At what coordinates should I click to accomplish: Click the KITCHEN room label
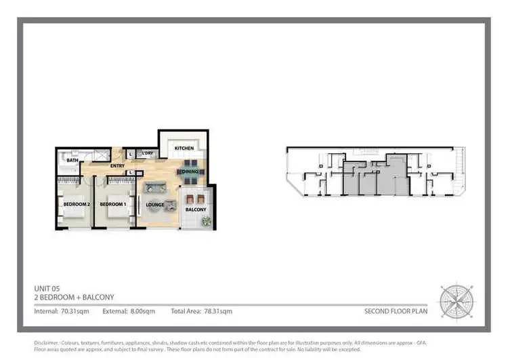(x=184, y=148)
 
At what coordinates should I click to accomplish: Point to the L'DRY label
(x=148, y=154)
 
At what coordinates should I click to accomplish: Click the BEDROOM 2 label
(x=77, y=204)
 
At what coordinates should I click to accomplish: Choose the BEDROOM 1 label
(x=113, y=204)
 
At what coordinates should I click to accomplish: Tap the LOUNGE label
(x=155, y=204)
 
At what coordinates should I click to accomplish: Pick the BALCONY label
(x=196, y=209)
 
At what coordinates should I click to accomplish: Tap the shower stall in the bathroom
(x=101, y=156)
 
